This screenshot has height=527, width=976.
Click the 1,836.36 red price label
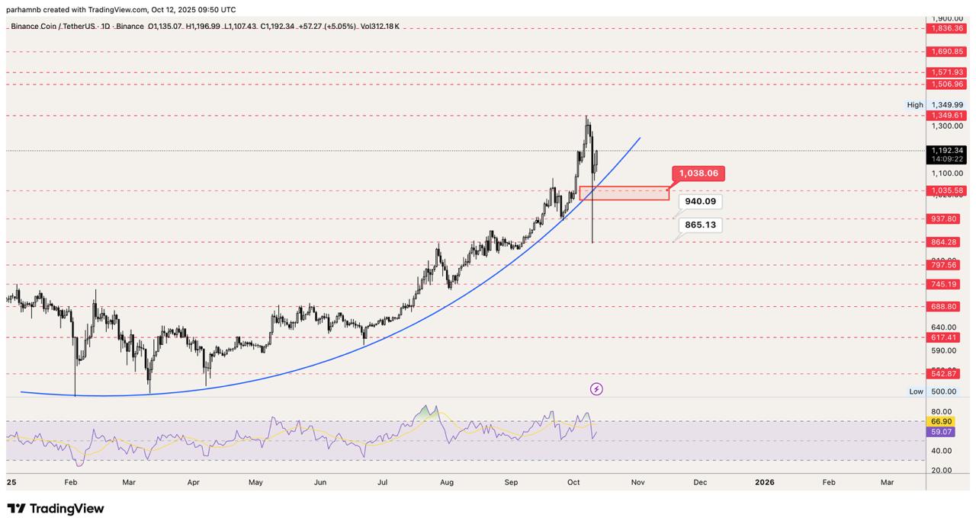click(946, 28)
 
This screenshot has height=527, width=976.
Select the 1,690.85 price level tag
click(946, 51)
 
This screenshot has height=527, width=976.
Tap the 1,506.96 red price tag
click(946, 85)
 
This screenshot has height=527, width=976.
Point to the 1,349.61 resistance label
click(946, 116)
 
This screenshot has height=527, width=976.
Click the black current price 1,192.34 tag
click(946, 151)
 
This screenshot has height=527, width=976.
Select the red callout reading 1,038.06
click(698, 174)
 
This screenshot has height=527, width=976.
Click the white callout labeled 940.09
click(700, 202)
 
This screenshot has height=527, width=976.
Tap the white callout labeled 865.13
click(700, 225)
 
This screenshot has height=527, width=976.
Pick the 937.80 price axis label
click(943, 219)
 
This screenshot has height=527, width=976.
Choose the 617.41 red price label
click(943, 337)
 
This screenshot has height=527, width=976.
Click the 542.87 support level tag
click(943, 374)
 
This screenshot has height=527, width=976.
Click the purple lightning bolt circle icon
click(596, 389)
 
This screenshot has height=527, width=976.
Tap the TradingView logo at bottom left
click(56, 509)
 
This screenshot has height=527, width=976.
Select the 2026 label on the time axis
click(764, 482)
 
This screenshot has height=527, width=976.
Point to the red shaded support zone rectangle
click(624, 193)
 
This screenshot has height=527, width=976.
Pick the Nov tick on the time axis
click(637, 482)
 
